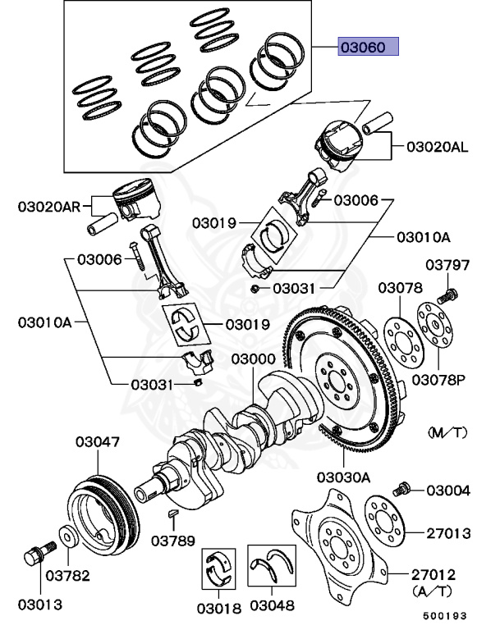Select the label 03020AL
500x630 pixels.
[x=438, y=147]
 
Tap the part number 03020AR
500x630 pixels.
[x=49, y=207]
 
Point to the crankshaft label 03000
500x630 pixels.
[x=253, y=358]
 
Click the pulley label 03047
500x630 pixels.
[x=98, y=442]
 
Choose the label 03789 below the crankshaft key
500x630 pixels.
[x=173, y=541]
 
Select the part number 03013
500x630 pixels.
[x=40, y=605]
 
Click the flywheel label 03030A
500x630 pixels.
[x=343, y=477]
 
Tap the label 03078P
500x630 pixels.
[x=438, y=380]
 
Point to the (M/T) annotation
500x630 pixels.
[x=447, y=432]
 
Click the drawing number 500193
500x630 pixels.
[x=445, y=615]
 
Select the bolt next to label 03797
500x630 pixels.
[x=447, y=295]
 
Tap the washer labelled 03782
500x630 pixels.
[x=69, y=536]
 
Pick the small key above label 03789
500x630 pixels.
[x=173, y=512]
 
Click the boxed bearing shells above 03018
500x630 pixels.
[x=218, y=568]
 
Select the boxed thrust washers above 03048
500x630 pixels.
[x=272, y=565]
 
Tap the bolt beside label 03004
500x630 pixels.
[x=401, y=489]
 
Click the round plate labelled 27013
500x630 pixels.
[x=384, y=521]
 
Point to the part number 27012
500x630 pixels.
[x=433, y=574]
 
